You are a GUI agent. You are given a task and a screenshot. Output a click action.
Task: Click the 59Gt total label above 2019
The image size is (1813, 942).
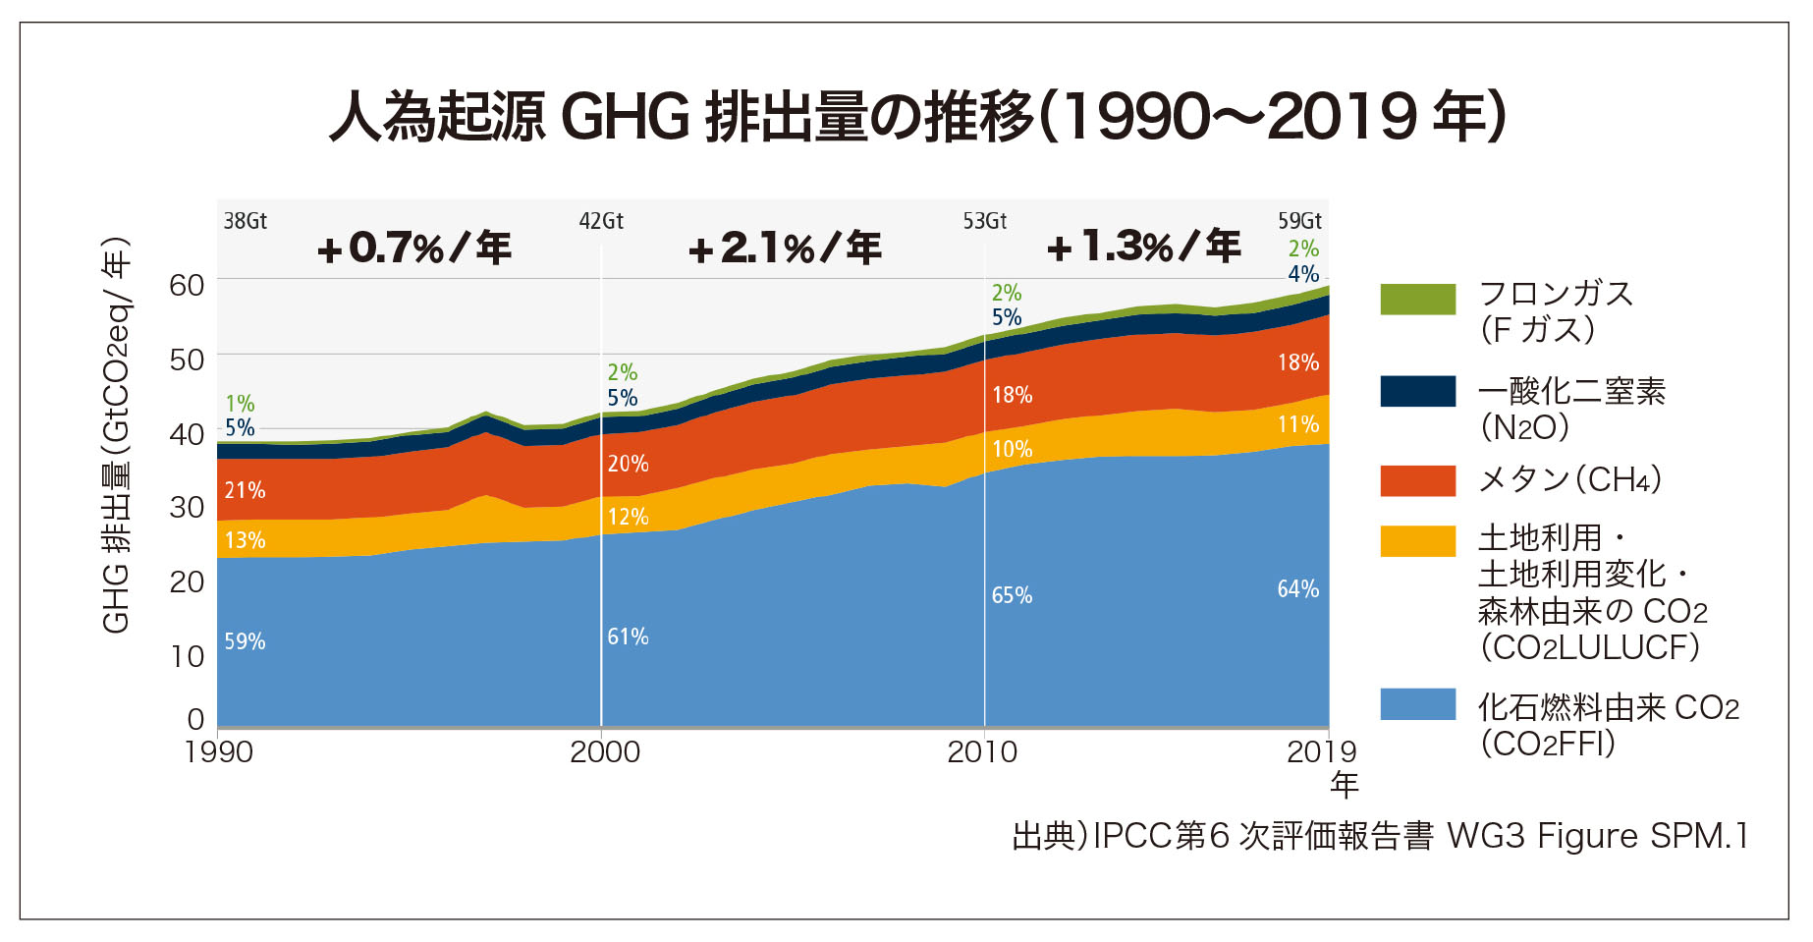[1299, 221]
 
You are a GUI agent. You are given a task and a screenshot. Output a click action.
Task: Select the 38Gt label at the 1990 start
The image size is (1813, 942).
[246, 221]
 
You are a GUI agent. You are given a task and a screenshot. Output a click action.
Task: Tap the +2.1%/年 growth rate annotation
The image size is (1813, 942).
[785, 248]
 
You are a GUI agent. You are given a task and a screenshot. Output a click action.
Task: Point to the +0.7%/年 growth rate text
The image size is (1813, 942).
[414, 248]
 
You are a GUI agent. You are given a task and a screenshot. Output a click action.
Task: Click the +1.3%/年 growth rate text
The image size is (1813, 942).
[1144, 246]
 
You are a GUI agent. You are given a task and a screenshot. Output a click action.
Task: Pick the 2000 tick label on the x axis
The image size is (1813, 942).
[604, 752]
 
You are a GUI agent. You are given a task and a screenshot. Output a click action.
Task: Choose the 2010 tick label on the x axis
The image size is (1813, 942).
[982, 752]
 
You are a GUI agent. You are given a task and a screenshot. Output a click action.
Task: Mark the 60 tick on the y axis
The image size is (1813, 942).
[187, 286]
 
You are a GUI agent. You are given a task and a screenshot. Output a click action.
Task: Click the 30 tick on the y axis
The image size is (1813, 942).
[187, 508]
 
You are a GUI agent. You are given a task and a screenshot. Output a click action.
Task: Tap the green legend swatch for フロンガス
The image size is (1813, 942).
[1417, 300]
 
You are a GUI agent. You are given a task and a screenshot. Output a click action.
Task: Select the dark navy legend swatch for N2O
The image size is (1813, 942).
[1417, 391]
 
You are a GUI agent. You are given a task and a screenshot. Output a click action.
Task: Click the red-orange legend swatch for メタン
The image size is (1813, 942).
[1417, 480]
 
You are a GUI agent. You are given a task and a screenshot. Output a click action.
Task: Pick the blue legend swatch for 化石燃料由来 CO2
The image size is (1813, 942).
[1417, 704]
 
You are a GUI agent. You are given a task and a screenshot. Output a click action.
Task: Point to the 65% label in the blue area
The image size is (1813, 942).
[1012, 595]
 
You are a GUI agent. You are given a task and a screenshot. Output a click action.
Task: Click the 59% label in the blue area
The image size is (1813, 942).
[245, 641]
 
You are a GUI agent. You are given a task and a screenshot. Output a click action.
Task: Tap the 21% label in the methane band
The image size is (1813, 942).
[245, 490]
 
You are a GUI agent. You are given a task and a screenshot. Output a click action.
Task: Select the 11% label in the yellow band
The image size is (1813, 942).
[1297, 424]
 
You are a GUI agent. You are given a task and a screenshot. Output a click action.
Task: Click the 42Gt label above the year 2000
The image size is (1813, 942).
[601, 221]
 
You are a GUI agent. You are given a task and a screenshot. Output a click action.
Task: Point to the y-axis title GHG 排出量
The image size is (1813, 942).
[116, 437]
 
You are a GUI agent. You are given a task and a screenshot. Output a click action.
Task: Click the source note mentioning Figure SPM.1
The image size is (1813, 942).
[1380, 836]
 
